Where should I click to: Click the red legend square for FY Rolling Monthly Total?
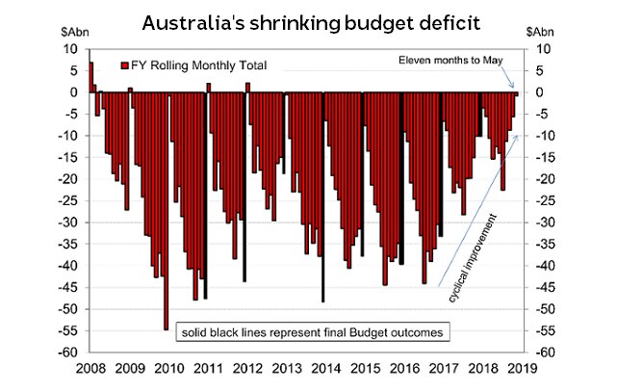(124, 65)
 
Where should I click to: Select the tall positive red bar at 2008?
(90, 77)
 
